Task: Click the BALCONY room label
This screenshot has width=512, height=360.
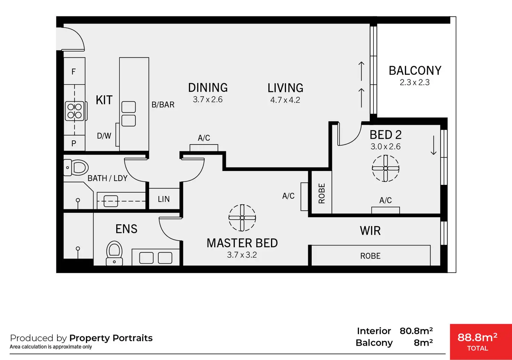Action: (415, 71)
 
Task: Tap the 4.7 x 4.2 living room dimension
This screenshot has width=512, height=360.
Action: (285, 100)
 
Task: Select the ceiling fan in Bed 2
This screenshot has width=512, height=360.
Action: (386, 169)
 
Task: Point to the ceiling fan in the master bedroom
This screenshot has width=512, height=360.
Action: (242, 218)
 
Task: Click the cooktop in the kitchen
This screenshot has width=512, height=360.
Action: (75, 111)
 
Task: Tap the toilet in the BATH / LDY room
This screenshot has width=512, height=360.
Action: (76, 167)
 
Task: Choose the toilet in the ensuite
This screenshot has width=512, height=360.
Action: (114, 253)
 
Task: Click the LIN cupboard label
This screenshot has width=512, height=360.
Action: (164, 199)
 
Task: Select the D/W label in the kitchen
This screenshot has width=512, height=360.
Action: (104, 136)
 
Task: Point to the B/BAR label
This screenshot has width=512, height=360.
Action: (163, 105)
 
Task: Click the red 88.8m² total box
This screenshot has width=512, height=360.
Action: (481, 342)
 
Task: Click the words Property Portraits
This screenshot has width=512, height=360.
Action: (111, 338)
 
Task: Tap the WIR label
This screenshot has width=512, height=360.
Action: (370, 231)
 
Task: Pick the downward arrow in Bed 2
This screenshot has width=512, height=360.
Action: (434, 145)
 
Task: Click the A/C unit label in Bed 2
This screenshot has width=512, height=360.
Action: (386, 201)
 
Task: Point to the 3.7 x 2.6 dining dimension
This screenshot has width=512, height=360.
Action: (208, 100)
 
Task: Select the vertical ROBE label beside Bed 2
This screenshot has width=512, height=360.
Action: (322, 193)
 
